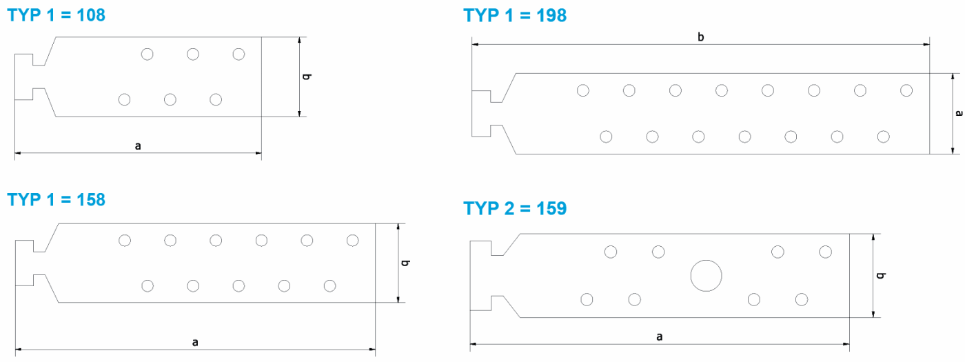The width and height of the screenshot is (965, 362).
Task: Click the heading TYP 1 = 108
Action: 57,15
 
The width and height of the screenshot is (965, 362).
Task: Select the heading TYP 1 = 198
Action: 515,15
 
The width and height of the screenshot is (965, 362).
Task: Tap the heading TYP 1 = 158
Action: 57,200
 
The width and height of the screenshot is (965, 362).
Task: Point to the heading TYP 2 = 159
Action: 515,208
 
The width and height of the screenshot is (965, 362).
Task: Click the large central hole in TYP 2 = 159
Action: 706,276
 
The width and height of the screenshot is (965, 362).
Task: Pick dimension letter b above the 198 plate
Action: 700,37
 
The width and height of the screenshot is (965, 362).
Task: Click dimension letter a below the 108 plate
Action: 138,145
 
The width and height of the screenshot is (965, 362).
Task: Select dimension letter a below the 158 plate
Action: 195,341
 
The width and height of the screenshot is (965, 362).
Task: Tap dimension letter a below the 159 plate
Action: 660,336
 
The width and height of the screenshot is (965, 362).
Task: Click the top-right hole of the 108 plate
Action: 238,54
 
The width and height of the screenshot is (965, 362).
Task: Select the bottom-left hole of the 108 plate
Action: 124,100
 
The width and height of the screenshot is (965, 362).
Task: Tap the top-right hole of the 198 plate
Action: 906,90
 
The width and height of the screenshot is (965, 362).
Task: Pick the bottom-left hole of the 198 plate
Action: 606,137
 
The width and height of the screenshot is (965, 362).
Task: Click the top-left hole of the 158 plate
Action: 125,240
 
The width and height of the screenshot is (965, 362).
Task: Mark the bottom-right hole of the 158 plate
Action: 329,285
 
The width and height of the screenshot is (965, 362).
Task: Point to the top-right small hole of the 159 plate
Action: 825,252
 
